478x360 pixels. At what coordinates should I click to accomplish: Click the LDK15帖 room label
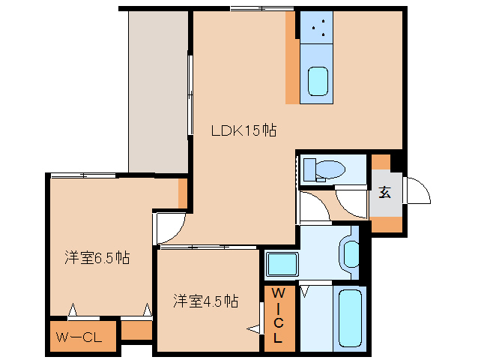pos(243,130)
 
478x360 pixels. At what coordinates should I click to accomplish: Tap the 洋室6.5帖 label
pos(97,258)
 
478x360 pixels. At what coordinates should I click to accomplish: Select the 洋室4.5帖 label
pos(205,301)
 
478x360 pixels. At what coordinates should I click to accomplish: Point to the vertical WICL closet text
pos(277,316)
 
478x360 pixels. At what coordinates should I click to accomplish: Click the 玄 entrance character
pos(384,191)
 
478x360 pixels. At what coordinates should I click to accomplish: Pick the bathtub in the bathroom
pos(350,319)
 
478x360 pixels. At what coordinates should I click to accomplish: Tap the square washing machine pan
pos(282,265)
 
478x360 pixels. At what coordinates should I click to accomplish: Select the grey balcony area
pos(158,91)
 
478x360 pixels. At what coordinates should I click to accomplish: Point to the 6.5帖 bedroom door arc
pos(170,226)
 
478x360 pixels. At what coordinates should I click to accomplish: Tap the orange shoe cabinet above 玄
pos(381,162)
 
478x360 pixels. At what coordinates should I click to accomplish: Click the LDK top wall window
pos(261,8)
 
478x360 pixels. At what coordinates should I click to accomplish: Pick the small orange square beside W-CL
pos(136,330)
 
